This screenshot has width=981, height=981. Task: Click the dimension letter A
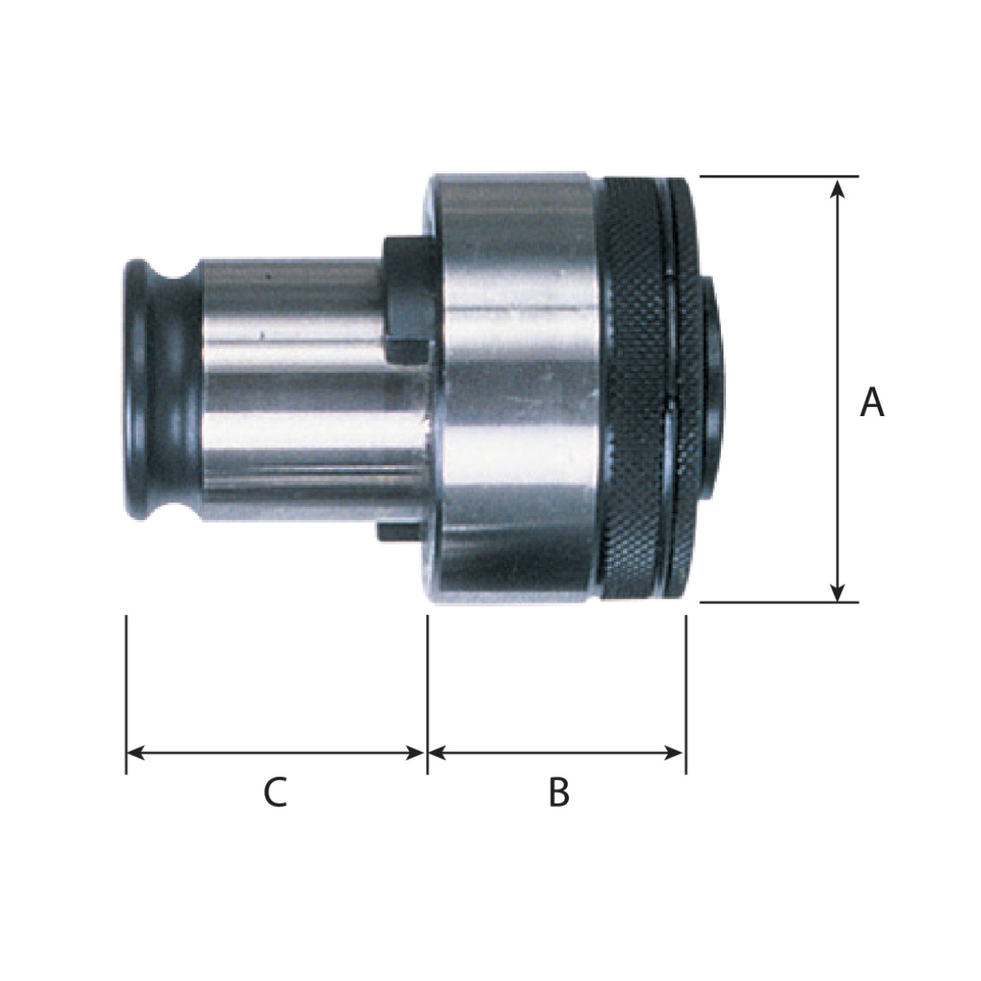click(x=871, y=403)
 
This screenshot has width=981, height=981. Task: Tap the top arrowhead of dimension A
click(x=837, y=188)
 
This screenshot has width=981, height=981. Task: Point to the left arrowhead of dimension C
click(x=136, y=753)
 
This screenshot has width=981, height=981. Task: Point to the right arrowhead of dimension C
click(x=415, y=753)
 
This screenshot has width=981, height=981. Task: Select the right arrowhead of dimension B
click(x=673, y=753)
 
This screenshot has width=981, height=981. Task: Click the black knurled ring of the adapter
click(x=647, y=388)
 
